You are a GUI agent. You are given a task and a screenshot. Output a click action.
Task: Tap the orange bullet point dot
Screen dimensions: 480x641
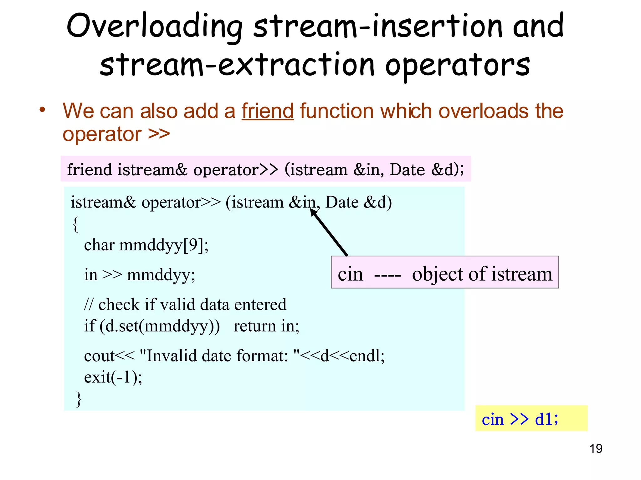(42, 110)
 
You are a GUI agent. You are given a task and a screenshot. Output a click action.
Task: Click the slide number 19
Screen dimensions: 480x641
(596, 449)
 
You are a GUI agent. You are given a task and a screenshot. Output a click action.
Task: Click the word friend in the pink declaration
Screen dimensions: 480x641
(89, 170)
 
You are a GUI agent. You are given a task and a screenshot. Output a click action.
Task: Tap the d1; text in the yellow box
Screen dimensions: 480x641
(546, 419)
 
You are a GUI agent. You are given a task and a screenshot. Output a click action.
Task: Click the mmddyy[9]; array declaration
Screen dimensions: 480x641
(164, 245)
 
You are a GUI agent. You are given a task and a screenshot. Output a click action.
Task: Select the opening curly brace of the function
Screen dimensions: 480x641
(75, 224)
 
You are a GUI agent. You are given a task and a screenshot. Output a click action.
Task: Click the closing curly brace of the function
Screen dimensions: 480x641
(79, 399)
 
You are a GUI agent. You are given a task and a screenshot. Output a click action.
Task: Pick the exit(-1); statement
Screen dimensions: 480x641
(113, 377)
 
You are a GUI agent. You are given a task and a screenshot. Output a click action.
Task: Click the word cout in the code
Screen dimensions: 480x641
(99, 356)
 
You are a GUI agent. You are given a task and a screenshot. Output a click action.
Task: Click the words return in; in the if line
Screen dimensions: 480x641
(266, 326)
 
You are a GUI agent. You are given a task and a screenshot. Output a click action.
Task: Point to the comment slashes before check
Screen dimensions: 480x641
(89, 305)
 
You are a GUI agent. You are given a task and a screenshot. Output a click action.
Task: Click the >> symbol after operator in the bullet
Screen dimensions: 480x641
(159, 134)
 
